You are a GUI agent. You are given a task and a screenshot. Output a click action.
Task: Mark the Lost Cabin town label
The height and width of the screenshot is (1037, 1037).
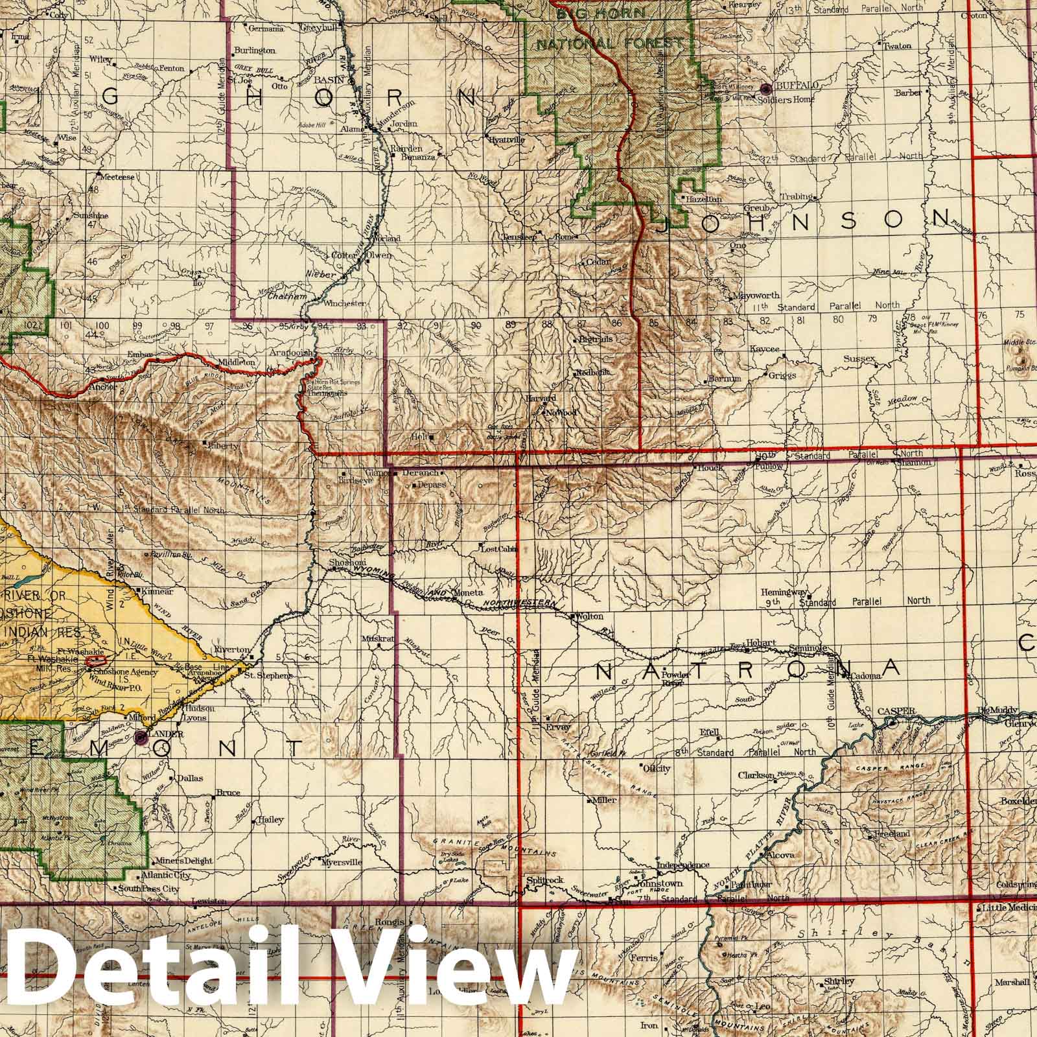tap(498, 549)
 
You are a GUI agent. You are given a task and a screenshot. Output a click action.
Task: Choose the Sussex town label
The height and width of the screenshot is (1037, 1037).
tap(859, 358)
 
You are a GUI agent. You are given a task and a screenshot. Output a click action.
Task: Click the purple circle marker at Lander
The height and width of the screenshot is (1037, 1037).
tap(142, 737)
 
